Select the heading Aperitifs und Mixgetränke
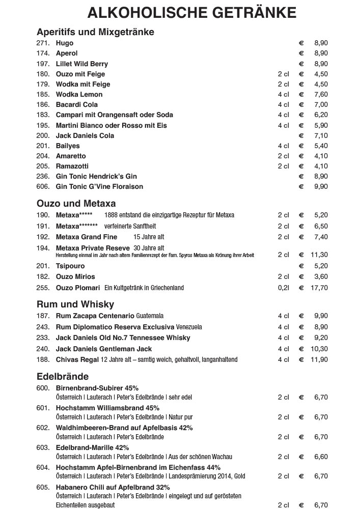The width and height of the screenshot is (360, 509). [x=95, y=32]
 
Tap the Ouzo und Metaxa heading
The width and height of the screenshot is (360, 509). [x=76, y=204]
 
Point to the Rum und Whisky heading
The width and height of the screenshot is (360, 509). [x=75, y=304]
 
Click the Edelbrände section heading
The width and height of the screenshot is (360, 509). [x=63, y=377]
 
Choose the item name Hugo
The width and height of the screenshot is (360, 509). [x=65, y=43]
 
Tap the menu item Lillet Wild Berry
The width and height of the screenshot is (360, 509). [x=82, y=64]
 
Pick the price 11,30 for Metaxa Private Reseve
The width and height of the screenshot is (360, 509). [x=320, y=255]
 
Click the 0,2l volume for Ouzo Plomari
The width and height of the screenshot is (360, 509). [x=284, y=288]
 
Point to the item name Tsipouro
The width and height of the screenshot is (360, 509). [x=70, y=266]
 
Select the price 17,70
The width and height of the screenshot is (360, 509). [x=320, y=288]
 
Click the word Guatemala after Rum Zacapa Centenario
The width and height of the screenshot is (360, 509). [x=150, y=316]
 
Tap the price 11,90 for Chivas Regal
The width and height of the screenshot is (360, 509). [x=320, y=360]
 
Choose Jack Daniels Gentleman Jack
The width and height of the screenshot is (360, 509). [x=104, y=349]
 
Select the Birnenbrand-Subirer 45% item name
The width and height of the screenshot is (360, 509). [x=97, y=388]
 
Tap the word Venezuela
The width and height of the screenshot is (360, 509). [x=189, y=327]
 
